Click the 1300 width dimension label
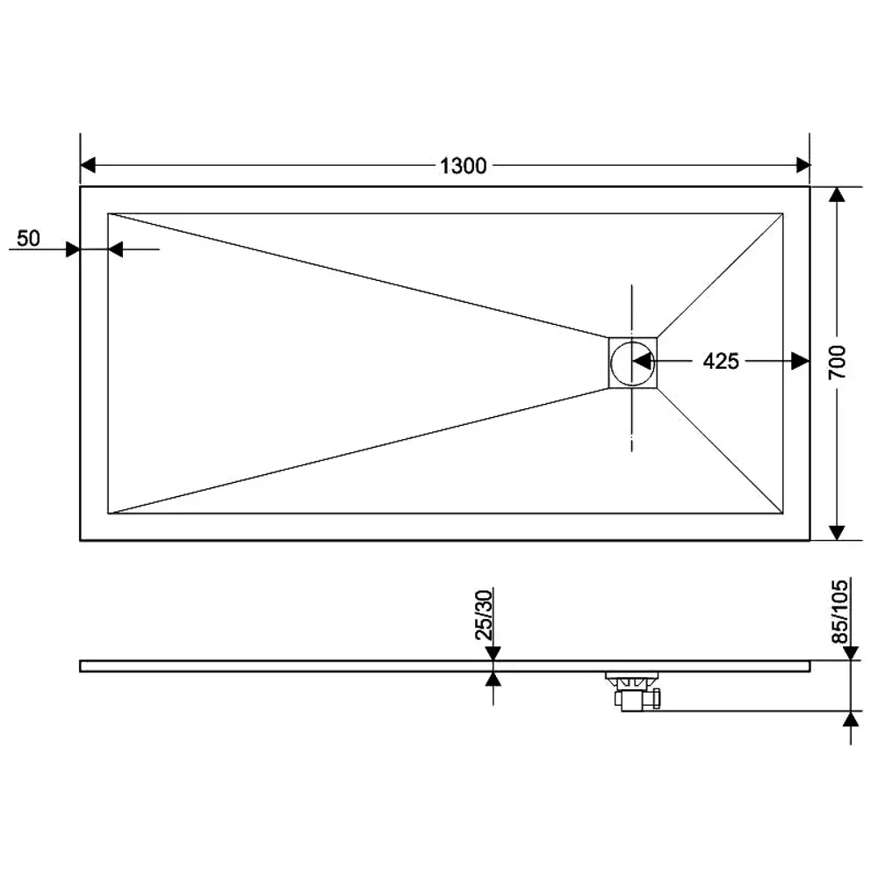pyautogui.click(x=463, y=166)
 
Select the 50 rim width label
pyautogui.click(x=29, y=238)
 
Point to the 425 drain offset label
pyautogui.click(x=721, y=361)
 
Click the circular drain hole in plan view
pyautogui.click(x=630, y=362)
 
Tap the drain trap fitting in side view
pyautogui.click(x=635, y=692)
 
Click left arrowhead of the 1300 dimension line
pyautogui.click(x=89, y=165)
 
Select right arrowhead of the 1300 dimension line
pyautogui.click(x=802, y=165)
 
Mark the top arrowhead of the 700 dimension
pyautogui.click(x=837, y=196)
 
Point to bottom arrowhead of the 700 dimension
pyautogui.click(x=837, y=531)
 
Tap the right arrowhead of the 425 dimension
pyautogui.click(x=799, y=361)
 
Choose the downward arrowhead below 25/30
pyautogui.click(x=493, y=653)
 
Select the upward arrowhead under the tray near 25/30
pyautogui.click(x=493, y=679)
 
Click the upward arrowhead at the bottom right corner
pyautogui.click(x=850, y=719)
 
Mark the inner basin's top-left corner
pyautogui.click(x=108, y=212)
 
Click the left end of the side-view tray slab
pyautogui.click(x=82, y=666)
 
